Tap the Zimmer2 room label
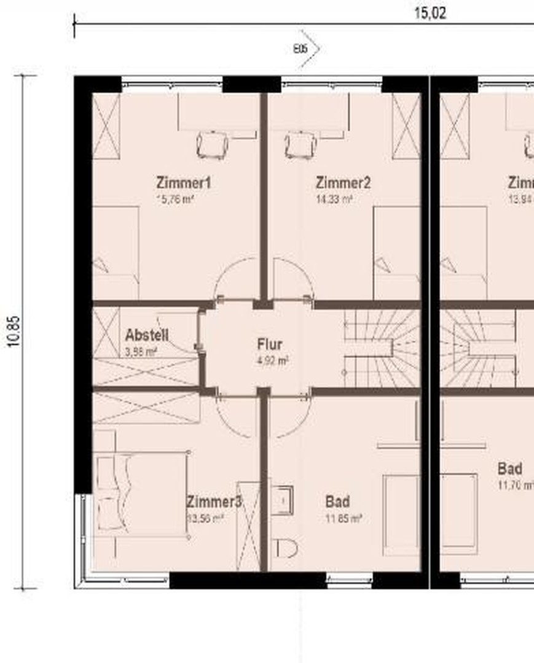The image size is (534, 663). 343,183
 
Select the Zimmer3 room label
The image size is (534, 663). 214,502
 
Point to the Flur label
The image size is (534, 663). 270,345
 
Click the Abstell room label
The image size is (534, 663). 146,335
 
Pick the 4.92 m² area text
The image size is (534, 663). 273,361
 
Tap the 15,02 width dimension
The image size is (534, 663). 430,13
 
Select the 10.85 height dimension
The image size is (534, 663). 14,331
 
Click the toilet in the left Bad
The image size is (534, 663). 286,546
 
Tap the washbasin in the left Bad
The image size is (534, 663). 281,500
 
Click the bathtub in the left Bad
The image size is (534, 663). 401,514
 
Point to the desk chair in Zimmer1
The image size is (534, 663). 212,145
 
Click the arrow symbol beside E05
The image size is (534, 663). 312,48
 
